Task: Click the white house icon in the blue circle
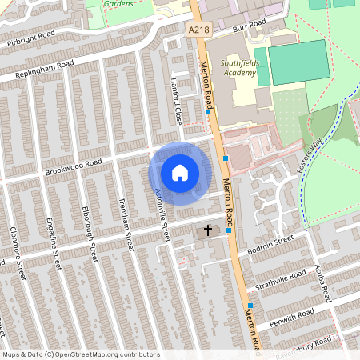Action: click(x=180, y=172)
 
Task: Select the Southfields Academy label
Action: click(x=239, y=68)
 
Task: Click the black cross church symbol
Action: click(x=208, y=230)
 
